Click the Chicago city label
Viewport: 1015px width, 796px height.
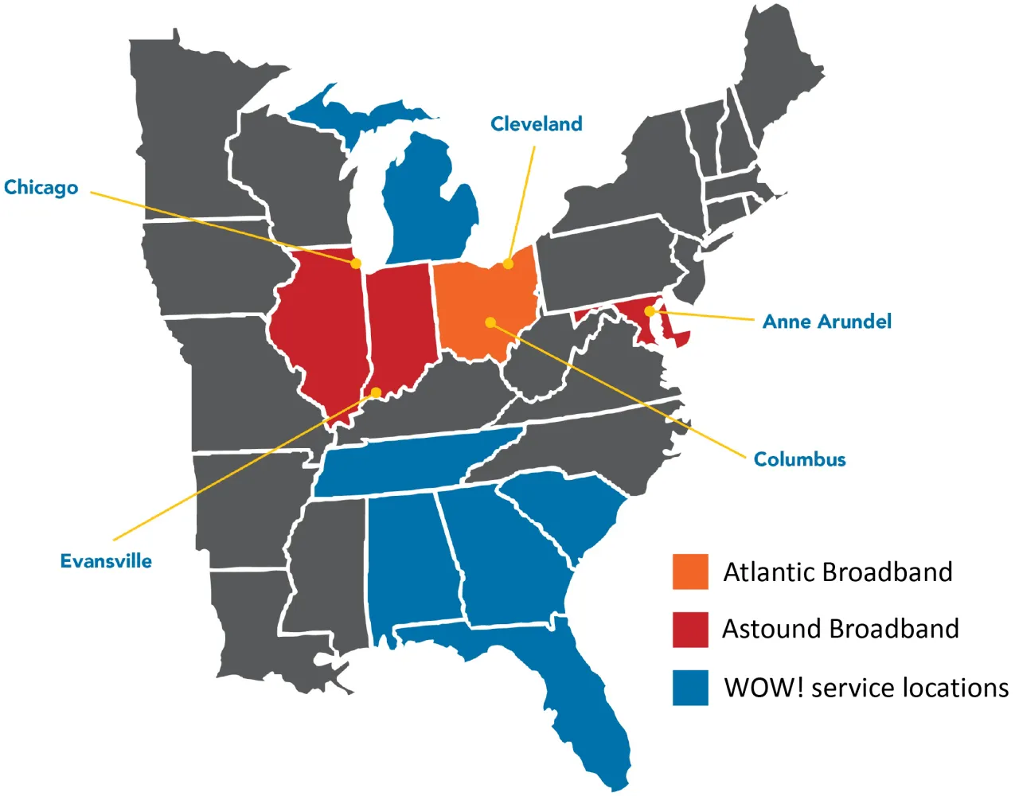41,188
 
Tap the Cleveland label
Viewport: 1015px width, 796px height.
537,124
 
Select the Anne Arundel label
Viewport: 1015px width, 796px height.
827,322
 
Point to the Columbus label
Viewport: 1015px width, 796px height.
799,459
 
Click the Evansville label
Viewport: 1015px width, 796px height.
106,561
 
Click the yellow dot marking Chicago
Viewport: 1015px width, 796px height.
356,263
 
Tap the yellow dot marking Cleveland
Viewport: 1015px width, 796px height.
508,263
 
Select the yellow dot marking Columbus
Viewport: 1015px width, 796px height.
490,322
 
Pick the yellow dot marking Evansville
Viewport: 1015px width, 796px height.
376,392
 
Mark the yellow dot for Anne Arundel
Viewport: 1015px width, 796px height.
650,311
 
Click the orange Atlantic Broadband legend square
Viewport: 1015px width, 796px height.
690,572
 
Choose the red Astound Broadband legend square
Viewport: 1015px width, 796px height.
690,630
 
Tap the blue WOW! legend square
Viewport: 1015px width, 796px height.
690,688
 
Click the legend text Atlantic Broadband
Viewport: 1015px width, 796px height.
837,572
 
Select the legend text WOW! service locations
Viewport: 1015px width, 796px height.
866,688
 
